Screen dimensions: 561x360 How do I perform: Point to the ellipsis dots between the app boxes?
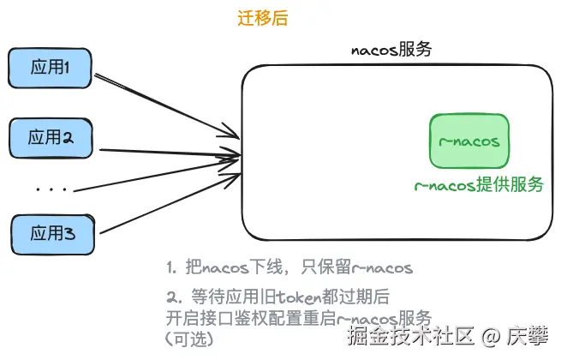tap(52, 187)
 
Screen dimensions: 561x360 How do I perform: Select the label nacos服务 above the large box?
tap(391, 49)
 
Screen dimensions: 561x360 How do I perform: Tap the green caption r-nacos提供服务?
tap(478, 185)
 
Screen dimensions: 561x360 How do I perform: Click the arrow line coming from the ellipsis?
tap(163, 172)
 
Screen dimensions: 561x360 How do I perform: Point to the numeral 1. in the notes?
tap(171, 268)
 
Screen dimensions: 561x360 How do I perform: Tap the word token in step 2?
tap(295, 297)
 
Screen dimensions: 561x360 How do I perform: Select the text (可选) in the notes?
tap(189, 339)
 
